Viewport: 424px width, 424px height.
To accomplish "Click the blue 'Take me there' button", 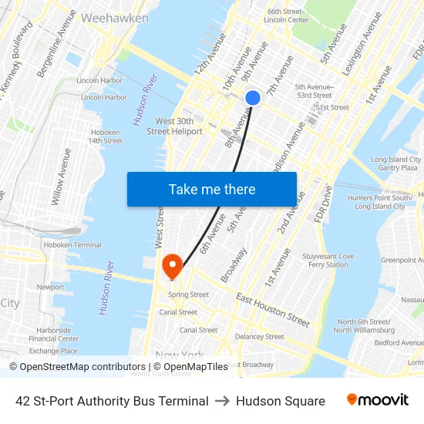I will coord(212,189).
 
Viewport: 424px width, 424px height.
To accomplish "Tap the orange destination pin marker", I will coord(171,267).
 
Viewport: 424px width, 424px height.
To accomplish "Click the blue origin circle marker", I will coord(253,98).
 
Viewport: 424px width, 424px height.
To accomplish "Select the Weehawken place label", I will coord(109,17).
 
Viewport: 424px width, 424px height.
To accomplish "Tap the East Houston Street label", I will coord(273,308).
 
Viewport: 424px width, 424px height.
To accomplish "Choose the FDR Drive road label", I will coord(322,204).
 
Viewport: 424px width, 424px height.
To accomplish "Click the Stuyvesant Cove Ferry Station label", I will coord(328,261).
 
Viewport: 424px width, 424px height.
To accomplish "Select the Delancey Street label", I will coord(261,336).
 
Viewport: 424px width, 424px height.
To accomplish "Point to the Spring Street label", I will coord(189,294).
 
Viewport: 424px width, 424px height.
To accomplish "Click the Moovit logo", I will coord(377,400).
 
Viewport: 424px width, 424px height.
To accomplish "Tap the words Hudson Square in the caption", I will coord(281,401).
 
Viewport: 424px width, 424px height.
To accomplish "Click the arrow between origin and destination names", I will coord(222,401).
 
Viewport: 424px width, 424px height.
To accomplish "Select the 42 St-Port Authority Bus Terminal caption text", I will coord(112,401).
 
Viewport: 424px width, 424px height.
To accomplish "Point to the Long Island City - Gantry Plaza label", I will coord(395,163).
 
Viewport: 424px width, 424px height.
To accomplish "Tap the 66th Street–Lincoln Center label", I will coord(287,15).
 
